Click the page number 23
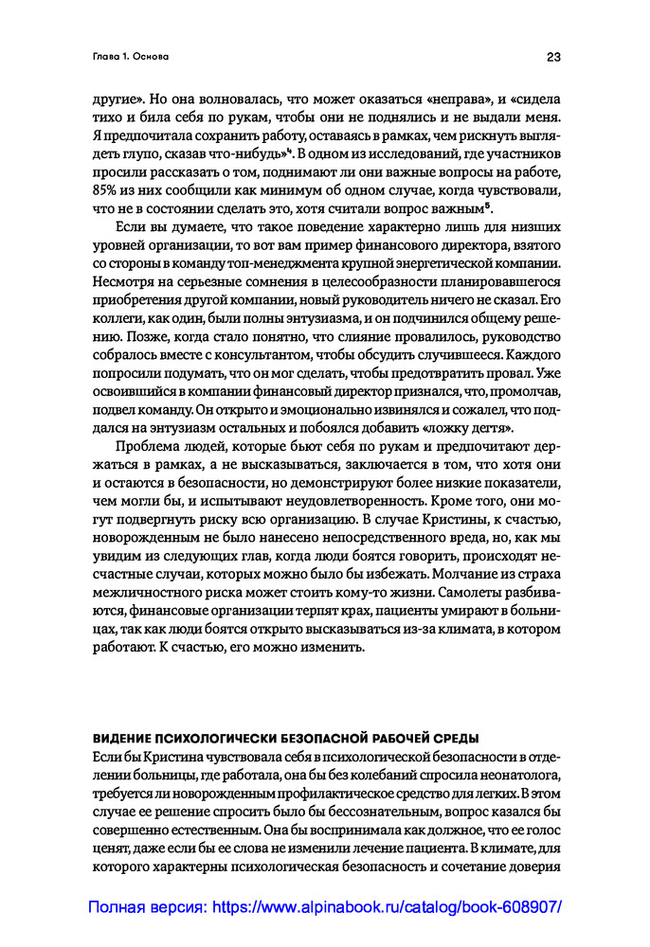pos(553,57)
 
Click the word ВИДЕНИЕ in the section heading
pos(124,739)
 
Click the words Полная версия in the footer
pos(145,906)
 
